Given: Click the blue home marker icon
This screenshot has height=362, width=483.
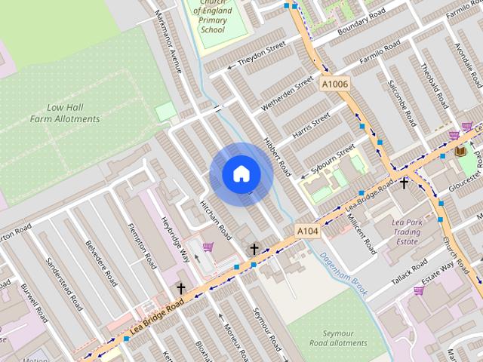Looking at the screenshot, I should tap(241, 174).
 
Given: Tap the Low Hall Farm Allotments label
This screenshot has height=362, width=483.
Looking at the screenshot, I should tap(65, 113).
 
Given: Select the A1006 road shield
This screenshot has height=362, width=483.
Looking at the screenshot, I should tap(334, 84).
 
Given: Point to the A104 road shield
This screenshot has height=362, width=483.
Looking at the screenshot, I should tap(307, 231).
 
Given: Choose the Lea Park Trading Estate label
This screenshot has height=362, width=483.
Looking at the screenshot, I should tap(407, 232).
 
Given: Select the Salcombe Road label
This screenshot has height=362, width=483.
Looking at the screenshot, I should tap(401, 103).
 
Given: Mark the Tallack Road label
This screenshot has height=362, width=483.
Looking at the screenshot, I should tap(409, 271).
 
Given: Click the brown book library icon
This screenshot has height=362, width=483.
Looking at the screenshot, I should tap(460, 152).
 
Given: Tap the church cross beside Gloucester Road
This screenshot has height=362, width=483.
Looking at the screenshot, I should tap(405, 183).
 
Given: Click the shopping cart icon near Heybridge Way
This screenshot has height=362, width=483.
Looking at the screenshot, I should tap(208, 247).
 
